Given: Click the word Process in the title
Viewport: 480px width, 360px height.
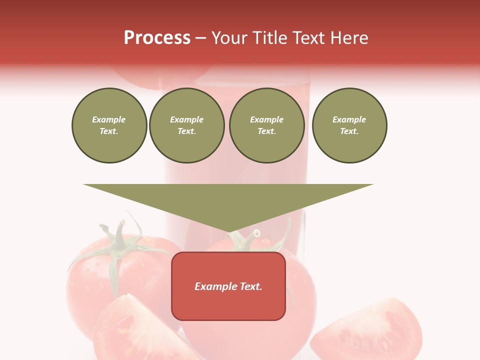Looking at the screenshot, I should point(157,38).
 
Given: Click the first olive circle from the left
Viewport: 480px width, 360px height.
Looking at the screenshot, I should point(109,125).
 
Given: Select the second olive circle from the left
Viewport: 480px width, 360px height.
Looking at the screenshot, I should point(187,125).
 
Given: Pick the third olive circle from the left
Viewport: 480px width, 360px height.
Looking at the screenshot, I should point(267,125).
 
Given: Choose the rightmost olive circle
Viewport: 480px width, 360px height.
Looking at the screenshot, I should point(349,125).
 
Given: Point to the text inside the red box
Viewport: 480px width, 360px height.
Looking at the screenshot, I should point(228,286).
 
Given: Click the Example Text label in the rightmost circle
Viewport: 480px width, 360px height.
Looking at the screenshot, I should point(349,125).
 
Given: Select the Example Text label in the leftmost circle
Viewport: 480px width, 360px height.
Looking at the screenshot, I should point(109,125).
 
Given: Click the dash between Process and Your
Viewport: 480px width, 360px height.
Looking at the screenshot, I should point(200,38).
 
